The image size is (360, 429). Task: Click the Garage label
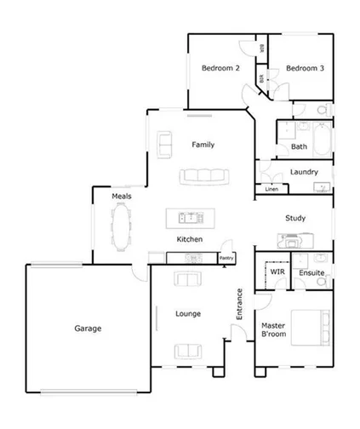click(x=88, y=328)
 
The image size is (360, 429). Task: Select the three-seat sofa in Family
click(x=204, y=176)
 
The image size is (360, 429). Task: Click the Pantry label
click(x=226, y=258)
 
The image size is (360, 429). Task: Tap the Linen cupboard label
click(x=271, y=189)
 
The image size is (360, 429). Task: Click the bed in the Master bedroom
click(x=310, y=327)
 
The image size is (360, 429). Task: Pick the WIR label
click(x=277, y=272)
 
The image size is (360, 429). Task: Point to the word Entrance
click(x=240, y=304)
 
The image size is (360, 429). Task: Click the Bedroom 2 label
click(x=220, y=68)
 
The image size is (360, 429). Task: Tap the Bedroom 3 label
click(x=304, y=68)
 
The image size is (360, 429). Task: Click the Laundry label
click(x=304, y=172)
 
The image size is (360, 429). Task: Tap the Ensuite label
click(x=311, y=272)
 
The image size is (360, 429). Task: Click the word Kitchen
click(x=189, y=240)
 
